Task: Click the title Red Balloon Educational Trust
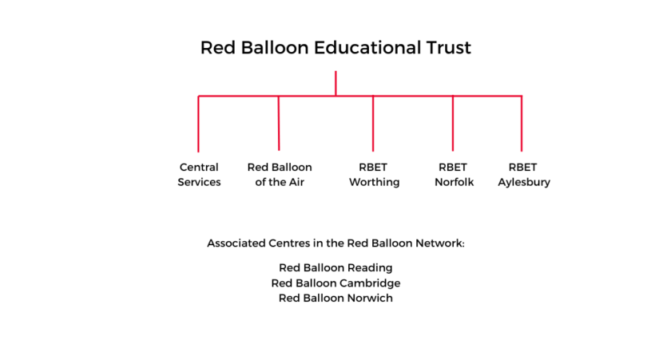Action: (x=335, y=47)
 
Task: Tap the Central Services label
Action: (x=199, y=175)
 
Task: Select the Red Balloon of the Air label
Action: (x=280, y=175)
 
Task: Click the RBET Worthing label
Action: (x=374, y=175)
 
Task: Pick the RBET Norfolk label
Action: (x=454, y=175)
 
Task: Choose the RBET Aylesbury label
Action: (x=524, y=175)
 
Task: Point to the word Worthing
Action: (x=374, y=183)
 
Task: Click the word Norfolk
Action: (x=454, y=182)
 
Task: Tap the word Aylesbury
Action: (x=524, y=183)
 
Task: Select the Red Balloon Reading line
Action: (x=335, y=268)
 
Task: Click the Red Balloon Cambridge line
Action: (x=335, y=283)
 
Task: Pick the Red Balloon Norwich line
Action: (x=335, y=298)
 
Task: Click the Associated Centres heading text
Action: (x=335, y=243)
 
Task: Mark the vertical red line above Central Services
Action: (x=198, y=124)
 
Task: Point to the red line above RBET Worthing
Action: (x=373, y=124)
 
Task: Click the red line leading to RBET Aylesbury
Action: (x=521, y=124)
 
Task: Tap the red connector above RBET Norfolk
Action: (x=452, y=124)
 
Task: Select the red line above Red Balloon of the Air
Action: (x=279, y=123)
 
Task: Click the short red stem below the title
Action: (x=335, y=83)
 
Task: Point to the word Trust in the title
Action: (x=448, y=47)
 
